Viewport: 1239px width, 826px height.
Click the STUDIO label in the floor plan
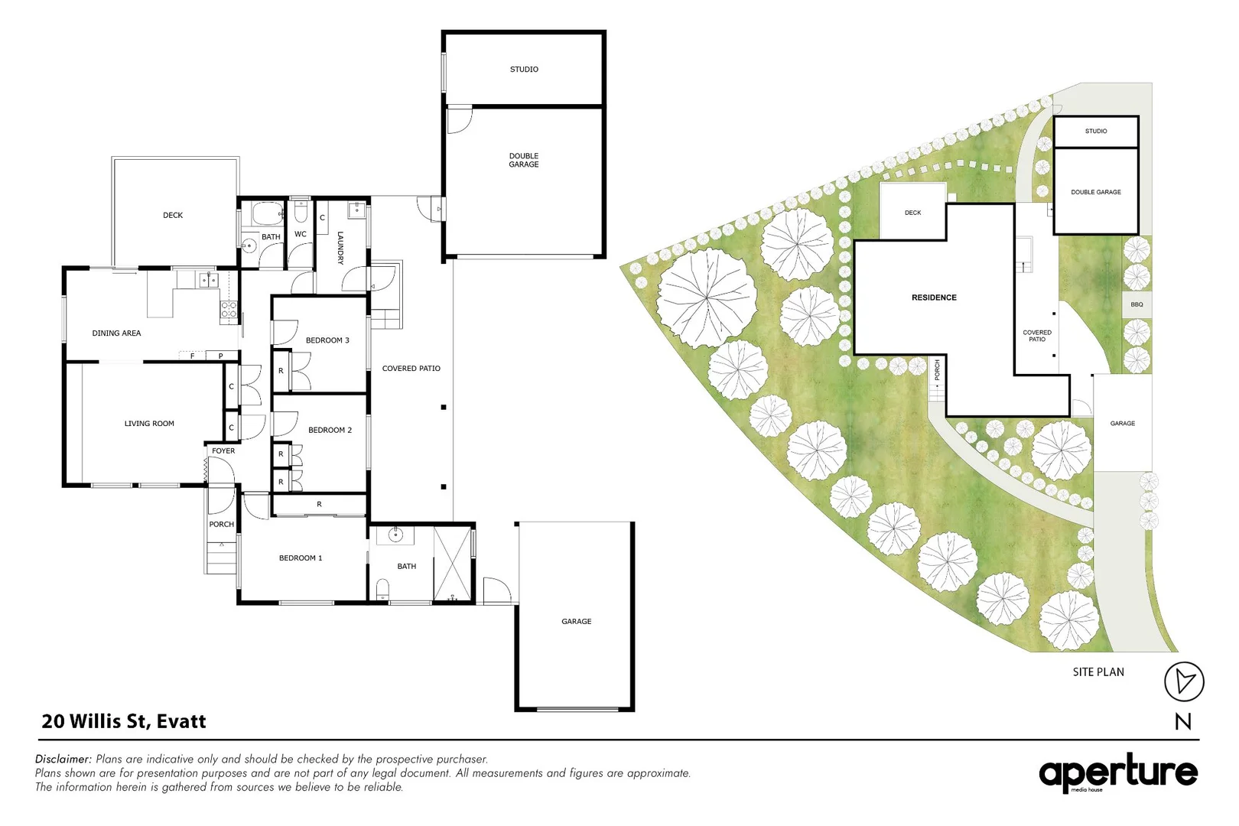(x=524, y=70)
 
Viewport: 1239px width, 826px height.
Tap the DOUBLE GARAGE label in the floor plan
(x=524, y=160)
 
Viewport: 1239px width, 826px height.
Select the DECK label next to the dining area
(x=173, y=216)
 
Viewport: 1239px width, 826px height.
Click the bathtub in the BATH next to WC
(x=268, y=212)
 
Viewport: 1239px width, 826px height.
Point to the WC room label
(x=301, y=235)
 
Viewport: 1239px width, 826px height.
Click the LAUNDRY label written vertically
(x=340, y=248)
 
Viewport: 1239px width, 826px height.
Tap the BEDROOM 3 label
(x=327, y=340)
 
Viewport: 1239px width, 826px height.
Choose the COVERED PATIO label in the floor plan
(x=411, y=369)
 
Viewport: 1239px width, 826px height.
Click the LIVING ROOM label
(x=149, y=424)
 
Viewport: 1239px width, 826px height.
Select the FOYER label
(x=223, y=451)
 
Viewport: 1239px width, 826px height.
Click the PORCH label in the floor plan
(x=222, y=525)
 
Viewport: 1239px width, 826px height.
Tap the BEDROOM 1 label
(x=301, y=558)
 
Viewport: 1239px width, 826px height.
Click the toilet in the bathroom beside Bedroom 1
(x=383, y=588)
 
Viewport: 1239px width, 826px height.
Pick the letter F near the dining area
(x=192, y=356)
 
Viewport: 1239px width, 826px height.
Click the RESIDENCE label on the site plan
(x=934, y=298)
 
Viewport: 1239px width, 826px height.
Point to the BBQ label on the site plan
(x=1137, y=304)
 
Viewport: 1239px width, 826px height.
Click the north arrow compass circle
(x=1184, y=681)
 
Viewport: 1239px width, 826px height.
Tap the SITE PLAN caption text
(x=1098, y=672)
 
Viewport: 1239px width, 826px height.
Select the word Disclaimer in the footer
(x=63, y=759)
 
